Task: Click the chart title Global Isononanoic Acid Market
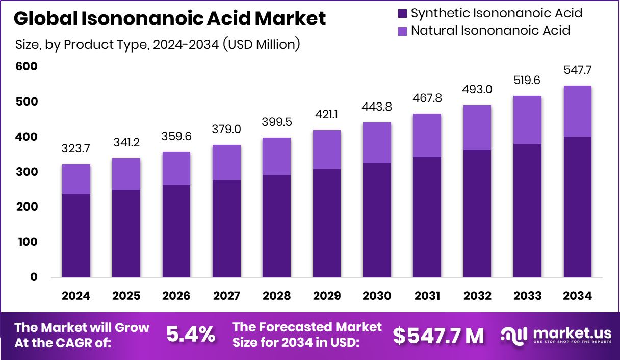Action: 170,19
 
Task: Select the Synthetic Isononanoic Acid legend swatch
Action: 403,13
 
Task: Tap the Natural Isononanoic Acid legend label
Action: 490,30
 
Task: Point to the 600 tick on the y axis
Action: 27,67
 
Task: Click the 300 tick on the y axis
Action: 27,172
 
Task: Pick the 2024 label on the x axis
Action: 76,296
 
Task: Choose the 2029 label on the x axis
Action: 327,296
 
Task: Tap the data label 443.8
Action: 377,107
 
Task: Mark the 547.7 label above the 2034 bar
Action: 577,70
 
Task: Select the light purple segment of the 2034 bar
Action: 577,111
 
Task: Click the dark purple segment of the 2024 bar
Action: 76,236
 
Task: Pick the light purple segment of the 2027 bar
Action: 226,162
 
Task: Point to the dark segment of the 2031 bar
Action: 427,217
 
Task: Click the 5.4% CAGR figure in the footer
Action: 191,335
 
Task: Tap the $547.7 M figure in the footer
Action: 438,335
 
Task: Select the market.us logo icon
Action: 513,335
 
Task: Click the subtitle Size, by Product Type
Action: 158,45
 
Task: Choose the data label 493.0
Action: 477,89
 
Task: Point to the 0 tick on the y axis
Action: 34,277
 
